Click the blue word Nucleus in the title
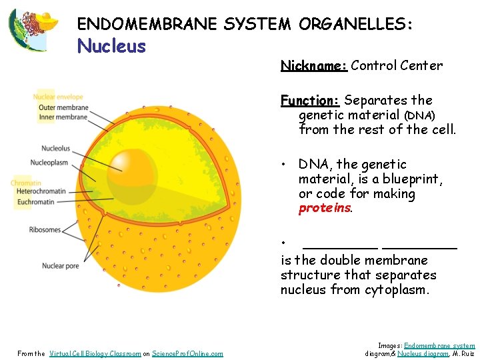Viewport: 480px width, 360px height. (x=111, y=46)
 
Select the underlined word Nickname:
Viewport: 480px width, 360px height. (x=313, y=65)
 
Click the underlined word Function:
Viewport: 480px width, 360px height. (x=310, y=101)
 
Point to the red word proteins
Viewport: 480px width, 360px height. (x=325, y=209)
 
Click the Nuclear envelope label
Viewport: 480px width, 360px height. (x=58, y=97)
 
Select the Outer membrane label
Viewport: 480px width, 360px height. (x=63, y=107)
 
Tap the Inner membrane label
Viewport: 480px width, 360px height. (x=63, y=117)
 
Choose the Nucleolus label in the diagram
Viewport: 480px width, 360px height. (x=55, y=149)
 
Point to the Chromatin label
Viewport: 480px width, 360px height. (x=26, y=183)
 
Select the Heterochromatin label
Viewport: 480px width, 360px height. (x=41, y=191)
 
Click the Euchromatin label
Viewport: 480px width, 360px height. (x=36, y=201)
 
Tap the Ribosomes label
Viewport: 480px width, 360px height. (x=45, y=230)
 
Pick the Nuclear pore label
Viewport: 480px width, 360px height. (x=60, y=266)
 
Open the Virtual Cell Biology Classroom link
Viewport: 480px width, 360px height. (x=95, y=353)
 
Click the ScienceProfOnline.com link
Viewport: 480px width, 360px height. (x=187, y=353)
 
